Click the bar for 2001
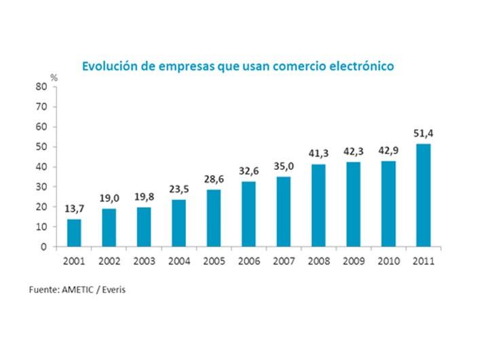tap(74, 233)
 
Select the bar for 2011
tap(423, 195)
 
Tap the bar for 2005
tap(213, 218)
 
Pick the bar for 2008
tap(318, 205)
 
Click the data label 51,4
tap(423, 133)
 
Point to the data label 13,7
tap(74, 209)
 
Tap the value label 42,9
tap(388, 151)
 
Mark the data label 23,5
tap(179, 190)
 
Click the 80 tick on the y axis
tap(41, 87)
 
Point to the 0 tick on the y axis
tap(43, 247)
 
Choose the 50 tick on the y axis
tap(41, 147)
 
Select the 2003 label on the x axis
tap(144, 261)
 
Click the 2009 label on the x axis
tap(353, 261)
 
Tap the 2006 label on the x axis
tap(248, 261)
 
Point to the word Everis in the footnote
tap(115, 290)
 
